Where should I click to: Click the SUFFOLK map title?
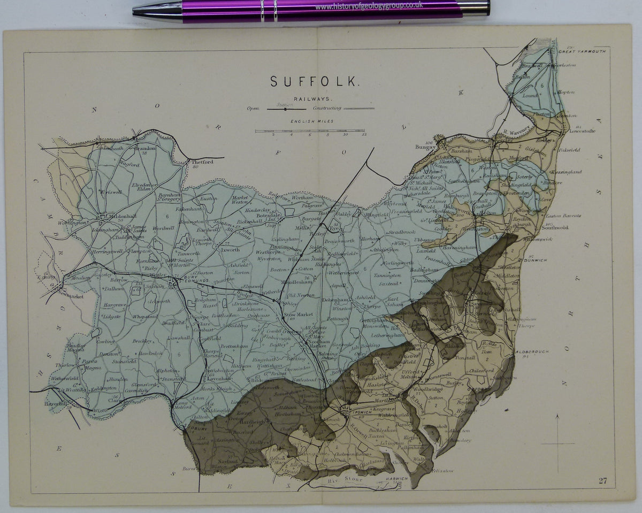click(313, 81)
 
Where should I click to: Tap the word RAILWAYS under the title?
click(313, 99)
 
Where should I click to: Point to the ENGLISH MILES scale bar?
click(310, 131)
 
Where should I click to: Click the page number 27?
click(603, 480)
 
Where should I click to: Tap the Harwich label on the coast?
click(395, 478)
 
